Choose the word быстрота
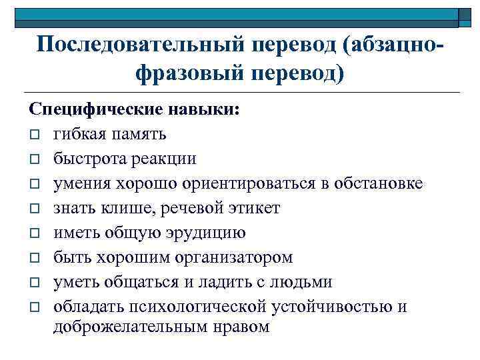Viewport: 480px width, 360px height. pyautogui.click(x=87, y=159)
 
